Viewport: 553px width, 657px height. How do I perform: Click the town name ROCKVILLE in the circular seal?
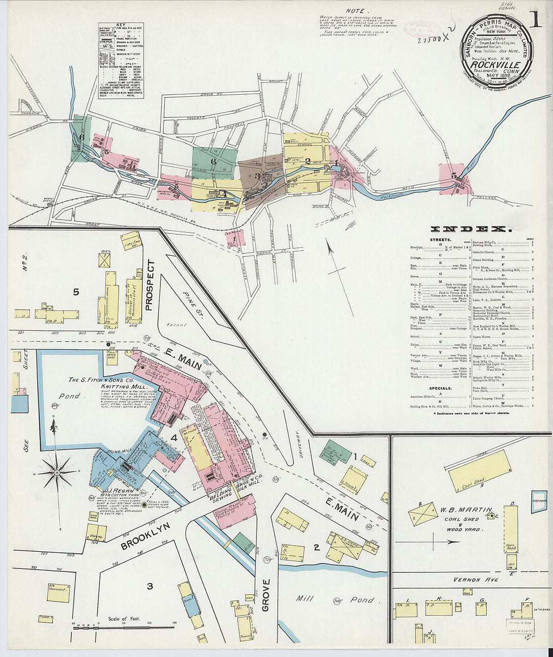coord(496,64)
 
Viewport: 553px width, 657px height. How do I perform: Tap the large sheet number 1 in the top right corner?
coord(535,20)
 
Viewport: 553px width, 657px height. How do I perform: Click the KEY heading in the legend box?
coord(121,25)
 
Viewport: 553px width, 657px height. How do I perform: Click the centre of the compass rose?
coord(56,473)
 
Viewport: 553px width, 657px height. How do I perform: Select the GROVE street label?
coord(266,595)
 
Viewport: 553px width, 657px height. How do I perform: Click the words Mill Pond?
coord(334,599)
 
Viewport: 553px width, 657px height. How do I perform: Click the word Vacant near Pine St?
coord(177,325)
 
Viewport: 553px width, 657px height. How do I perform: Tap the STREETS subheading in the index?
coord(440,240)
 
